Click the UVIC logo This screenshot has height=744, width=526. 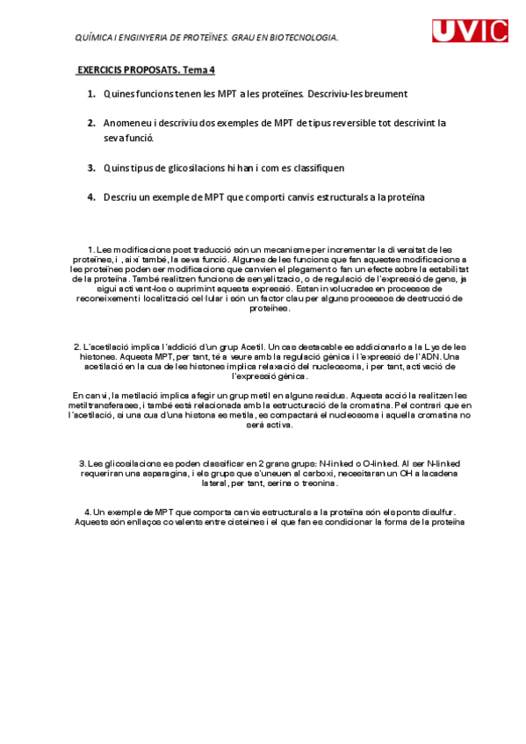point(469,32)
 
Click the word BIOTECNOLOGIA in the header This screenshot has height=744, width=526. point(303,38)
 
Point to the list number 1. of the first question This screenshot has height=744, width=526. point(92,93)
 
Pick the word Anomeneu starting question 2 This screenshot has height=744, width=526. point(130,123)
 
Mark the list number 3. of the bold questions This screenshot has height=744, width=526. point(92,168)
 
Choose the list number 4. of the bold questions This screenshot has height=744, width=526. point(92,197)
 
